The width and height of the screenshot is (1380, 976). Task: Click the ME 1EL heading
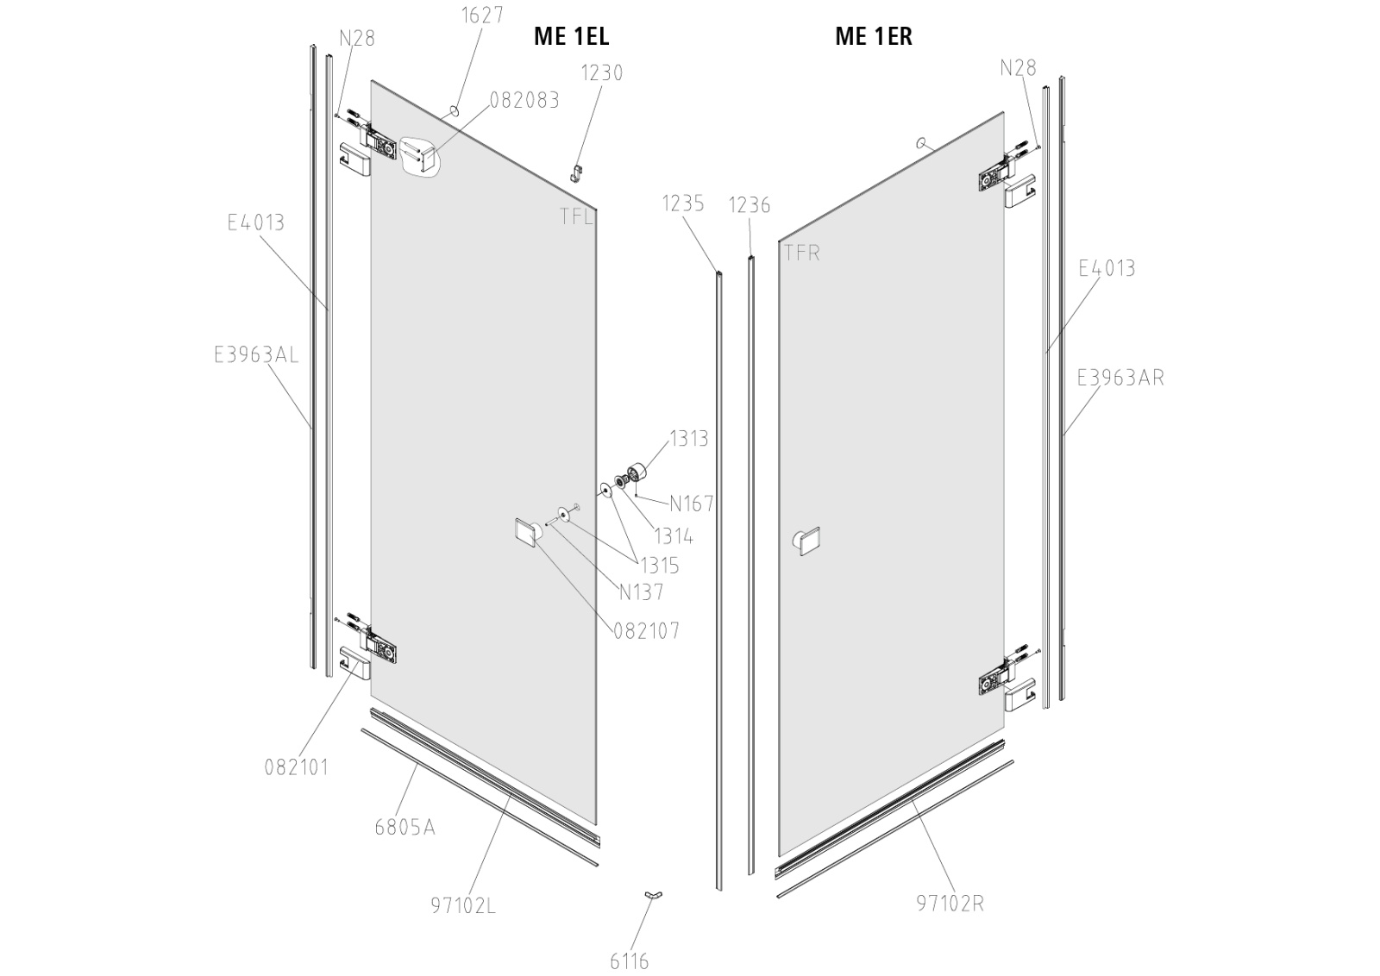click(571, 36)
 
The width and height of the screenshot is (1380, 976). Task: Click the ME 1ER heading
click(873, 36)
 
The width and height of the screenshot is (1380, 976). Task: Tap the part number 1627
click(482, 16)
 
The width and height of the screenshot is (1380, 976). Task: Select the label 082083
click(524, 100)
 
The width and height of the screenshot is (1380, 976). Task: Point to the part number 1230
click(601, 72)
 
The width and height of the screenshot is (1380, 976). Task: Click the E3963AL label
click(256, 354)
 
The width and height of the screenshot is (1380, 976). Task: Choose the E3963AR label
click(1120, 378)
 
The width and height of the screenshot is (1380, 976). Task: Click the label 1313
click(688, 438)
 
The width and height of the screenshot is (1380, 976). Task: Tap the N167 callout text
click(692, 503)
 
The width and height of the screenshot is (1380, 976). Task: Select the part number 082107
click(647, 631)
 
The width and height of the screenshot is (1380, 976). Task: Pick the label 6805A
click(405, 828)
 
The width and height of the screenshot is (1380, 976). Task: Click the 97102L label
click(463, 906)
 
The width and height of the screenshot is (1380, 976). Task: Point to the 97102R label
click(950, 904)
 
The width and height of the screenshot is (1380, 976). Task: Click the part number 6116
click(629, 961)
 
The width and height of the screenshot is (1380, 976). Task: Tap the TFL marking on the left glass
click(576, 216)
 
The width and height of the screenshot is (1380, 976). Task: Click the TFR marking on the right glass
click(801, 253)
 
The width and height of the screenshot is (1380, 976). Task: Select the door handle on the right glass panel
click(806, 541)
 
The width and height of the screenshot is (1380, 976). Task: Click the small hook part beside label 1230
click(577, 174)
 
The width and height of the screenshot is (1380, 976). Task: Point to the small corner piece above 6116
click(653, 897)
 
